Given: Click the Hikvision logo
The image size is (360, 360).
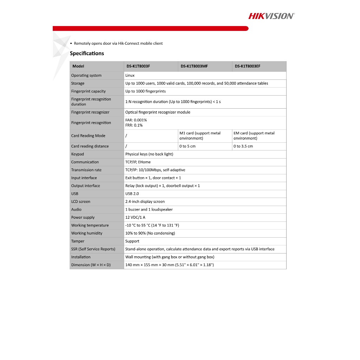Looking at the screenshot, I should (271, 16).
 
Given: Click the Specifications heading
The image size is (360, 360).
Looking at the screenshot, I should (87, 53).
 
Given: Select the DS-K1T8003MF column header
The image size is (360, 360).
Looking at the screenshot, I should (194, 66).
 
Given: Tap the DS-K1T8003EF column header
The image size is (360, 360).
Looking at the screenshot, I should (247, 66).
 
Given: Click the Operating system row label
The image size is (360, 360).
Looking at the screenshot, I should (86, 75).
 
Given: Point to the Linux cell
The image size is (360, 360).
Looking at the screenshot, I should (130, 75).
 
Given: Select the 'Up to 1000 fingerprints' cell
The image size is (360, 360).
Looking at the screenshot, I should (146, 91).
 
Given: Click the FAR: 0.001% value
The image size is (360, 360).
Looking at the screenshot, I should (136, 120).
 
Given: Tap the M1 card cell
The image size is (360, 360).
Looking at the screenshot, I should (200, 136).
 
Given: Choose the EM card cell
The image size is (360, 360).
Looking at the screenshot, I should (254, 136).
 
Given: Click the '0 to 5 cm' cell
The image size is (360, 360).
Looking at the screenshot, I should (187, 146).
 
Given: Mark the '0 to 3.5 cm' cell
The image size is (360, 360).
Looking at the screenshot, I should (243, 146).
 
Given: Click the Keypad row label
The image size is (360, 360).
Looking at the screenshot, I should (77, 154).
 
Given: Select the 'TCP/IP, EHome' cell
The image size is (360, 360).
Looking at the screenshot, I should (138, 162).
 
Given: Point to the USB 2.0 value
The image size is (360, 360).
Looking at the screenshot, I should (132, 194).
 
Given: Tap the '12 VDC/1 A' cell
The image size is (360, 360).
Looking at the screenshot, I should (135, 217).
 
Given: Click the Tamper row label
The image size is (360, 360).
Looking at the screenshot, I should (78, 241).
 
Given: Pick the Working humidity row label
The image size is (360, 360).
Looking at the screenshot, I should (86, 233).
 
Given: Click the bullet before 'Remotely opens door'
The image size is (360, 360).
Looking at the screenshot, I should (71, 44).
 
